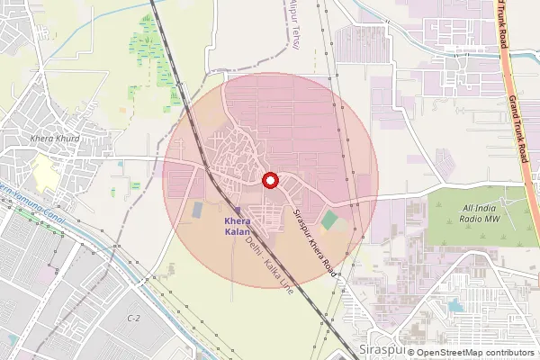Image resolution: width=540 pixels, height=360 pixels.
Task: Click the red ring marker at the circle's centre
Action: [269, 180]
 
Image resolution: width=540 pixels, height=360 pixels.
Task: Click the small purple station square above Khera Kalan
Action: [238, 210]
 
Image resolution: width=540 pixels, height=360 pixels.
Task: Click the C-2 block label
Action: [134, 319]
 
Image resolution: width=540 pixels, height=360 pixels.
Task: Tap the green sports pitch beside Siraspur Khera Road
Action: [331, 219]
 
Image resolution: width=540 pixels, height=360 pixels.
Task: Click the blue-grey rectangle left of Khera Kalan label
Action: [197, 209]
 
